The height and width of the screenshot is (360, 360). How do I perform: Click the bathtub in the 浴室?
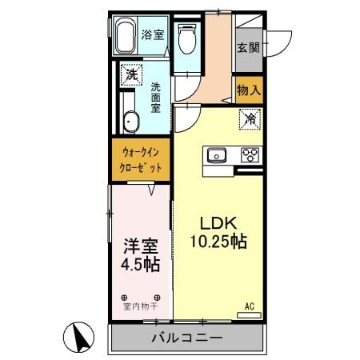[125, 36]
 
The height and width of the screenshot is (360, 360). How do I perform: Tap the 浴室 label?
[154, 34]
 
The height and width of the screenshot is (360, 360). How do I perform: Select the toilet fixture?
[187, 37]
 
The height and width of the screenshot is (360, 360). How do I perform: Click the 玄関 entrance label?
[246, 46]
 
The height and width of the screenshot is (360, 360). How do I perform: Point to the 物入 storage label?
[249, 90]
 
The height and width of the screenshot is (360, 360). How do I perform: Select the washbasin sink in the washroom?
[130, 122]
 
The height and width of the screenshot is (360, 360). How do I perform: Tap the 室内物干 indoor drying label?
[139, 306]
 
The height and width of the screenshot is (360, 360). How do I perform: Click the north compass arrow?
[78, 338]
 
